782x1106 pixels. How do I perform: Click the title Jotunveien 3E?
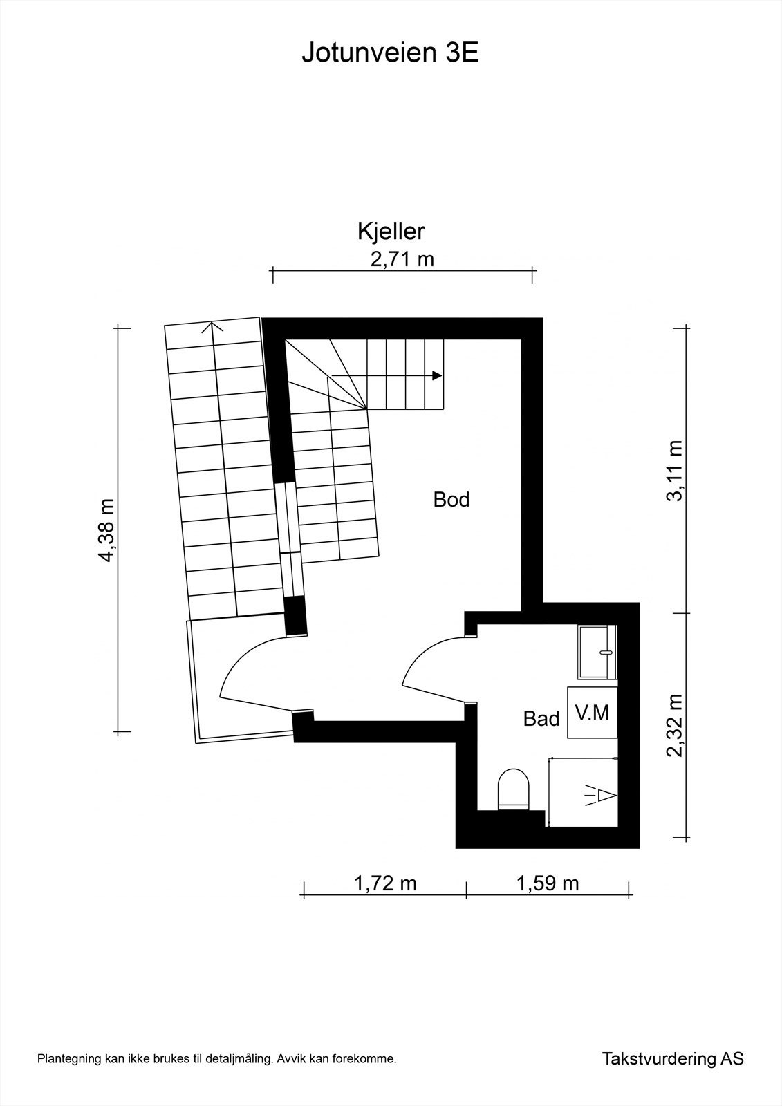(x=390, y=53)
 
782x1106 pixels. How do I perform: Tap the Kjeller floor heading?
(x=390, y=232)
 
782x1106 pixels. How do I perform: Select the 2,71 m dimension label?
(x=402, y=259)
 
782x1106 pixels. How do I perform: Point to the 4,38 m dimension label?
(x=106, y=530)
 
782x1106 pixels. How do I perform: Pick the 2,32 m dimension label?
(x=675, y=725)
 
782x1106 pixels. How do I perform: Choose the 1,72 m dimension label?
(x=385, y=883)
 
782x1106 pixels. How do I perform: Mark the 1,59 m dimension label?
(x=548, y=883)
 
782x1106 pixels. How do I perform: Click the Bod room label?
(x=451, y=499)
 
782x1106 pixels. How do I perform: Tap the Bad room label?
(x=541, y=719)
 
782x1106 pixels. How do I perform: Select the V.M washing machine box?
(x=593, y=713)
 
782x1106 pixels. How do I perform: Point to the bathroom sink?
(x=598, y=652)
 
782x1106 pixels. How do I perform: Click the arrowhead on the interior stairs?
(x=437, y=375)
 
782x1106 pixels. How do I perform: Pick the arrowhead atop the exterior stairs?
(x=213, y=326)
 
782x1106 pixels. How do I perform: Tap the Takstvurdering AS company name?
(x=673, y=1078)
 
